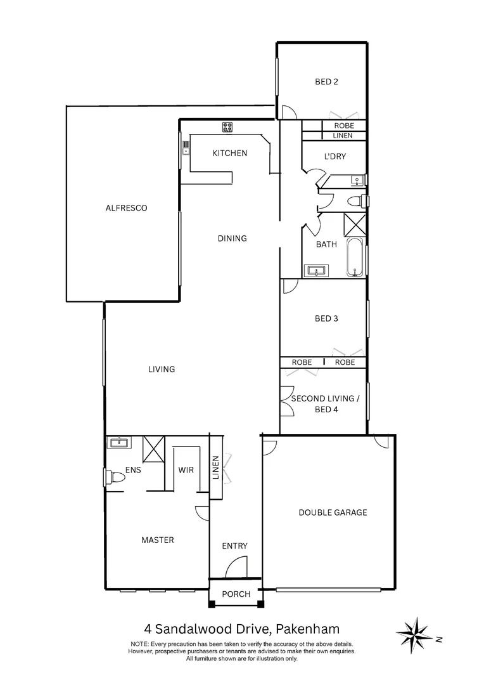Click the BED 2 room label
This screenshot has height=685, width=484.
click(326, 81)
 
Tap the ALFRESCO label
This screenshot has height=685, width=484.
click(126, 207)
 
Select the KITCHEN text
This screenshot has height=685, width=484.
click(229, 153)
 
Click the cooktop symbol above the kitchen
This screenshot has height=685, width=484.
click(227, 127)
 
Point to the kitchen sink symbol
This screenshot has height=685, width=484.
click(186, 148)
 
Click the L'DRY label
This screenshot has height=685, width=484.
click(334, 157)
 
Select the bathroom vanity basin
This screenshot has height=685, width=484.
click(315, 271)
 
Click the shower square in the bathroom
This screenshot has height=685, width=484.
click(354, 225)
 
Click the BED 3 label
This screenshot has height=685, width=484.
click(326, 318)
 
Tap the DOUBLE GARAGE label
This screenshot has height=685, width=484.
click(333, 512)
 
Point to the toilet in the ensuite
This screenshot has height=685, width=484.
click(115, 476)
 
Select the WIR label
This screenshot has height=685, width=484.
click(186, 470)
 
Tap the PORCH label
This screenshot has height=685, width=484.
click(235, 594)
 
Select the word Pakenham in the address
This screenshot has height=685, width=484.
click(307, 629)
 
